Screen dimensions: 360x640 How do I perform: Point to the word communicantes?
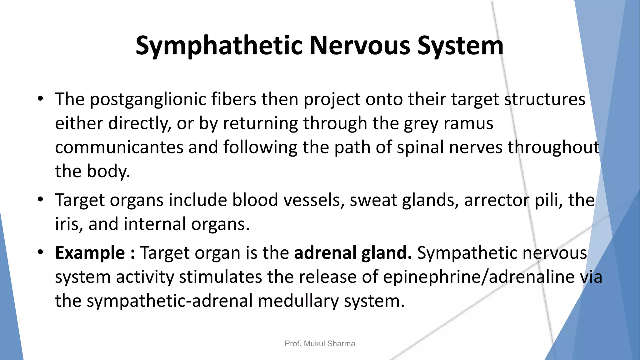(119, 147)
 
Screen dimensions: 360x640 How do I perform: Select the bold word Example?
(90, 253)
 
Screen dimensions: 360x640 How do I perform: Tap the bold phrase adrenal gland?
(353, 253)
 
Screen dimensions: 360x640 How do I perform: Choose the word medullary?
(298, 301)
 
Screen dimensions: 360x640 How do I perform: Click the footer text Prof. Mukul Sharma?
(320, 344)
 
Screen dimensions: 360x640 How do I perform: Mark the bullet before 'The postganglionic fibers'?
(40, 99)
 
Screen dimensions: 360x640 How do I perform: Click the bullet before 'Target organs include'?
(40, 199)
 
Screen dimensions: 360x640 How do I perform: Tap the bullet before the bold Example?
(40, 252)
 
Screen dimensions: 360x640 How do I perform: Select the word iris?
(67, 224)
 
